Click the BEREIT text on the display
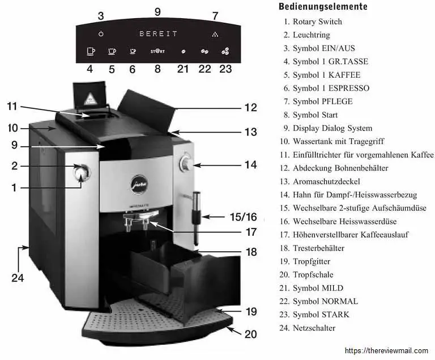tap(158, 33)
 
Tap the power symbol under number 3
tap(101, 33)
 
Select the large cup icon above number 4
tap(91, 52)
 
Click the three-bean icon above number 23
tap(225, 51)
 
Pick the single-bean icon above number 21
tap(182, 52)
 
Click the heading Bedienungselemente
tap(323, 7)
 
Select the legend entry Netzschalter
tap(314, 328)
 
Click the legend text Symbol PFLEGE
tap(322, 101)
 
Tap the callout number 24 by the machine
tap(19, 278)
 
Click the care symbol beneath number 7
tap(215, 33)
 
